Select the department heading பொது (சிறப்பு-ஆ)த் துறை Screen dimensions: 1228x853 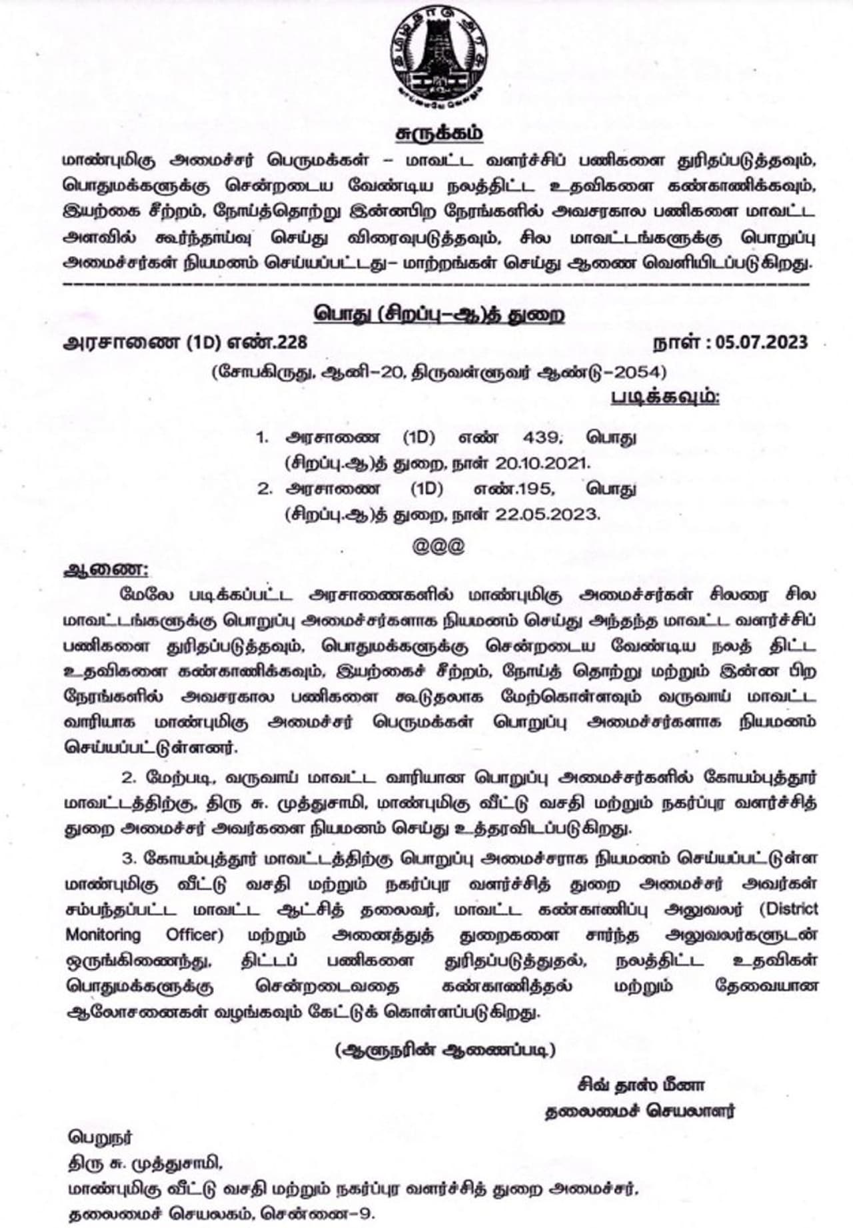(x=440, y=313)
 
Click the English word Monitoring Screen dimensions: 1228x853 (x=103, y=935)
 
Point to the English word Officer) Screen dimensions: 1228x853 (x=194, y=935)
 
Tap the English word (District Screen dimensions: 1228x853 (x=788, y=909)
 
